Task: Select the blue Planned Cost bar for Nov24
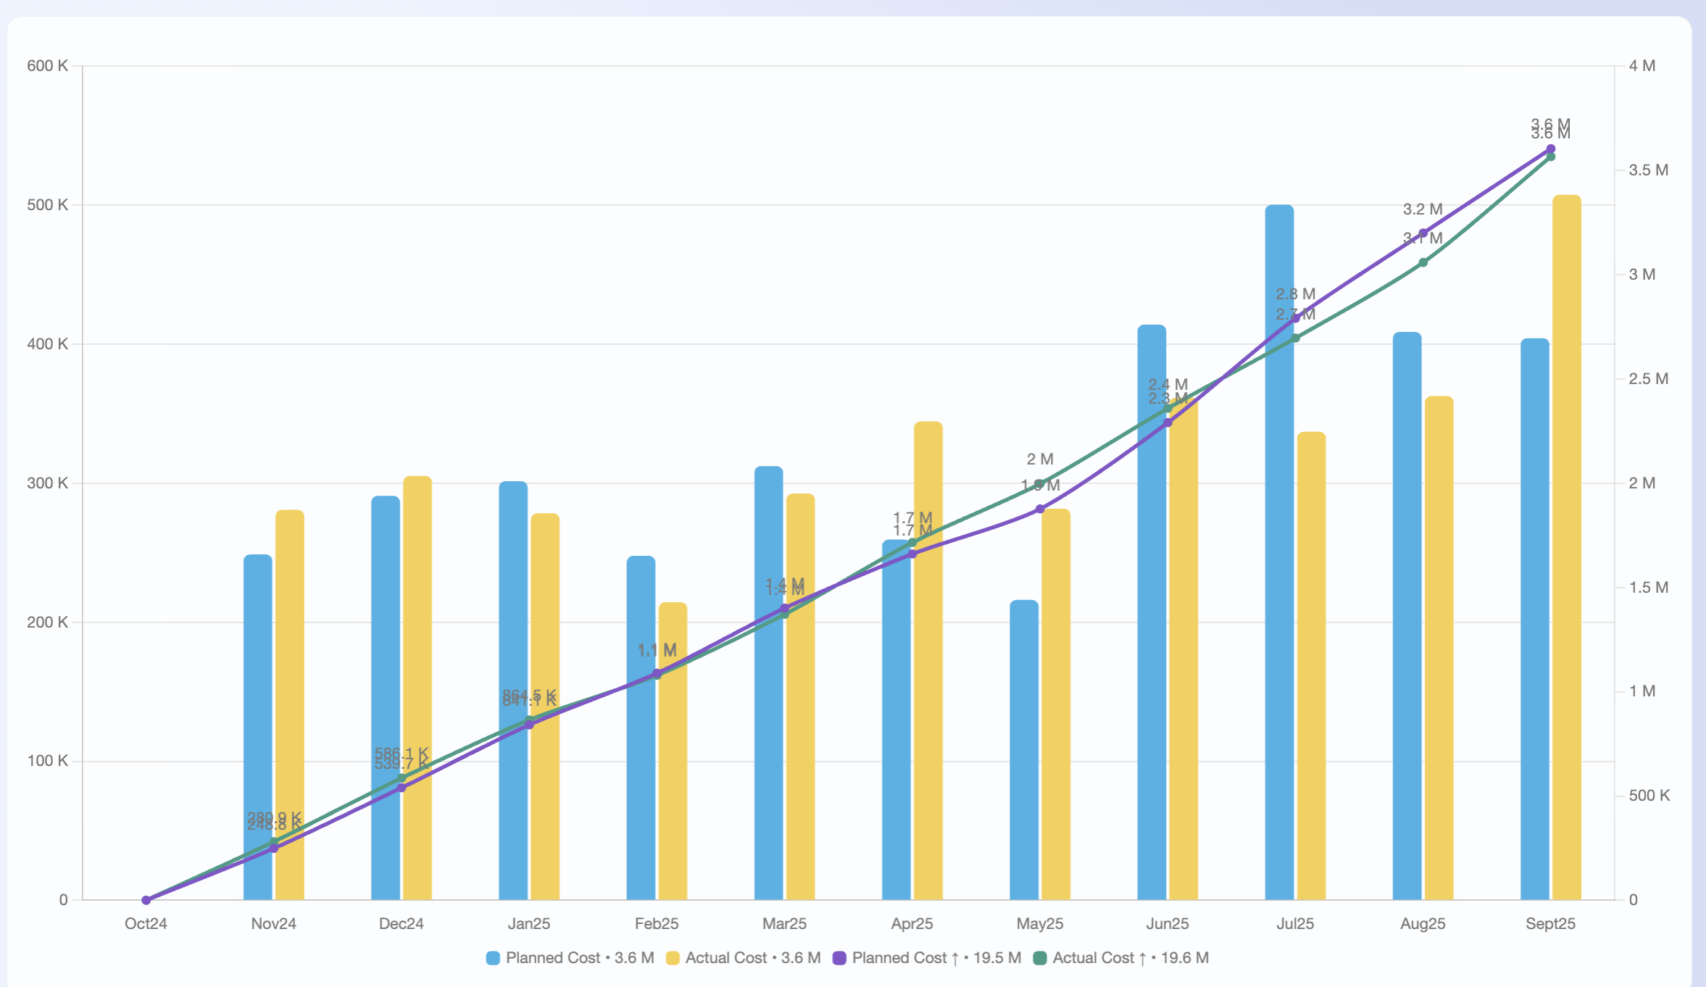coord(257,725)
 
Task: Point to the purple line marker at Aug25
coord(1423,233)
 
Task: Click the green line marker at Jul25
coord(1295,338)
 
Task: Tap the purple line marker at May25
coord(1040,509)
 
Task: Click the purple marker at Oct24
coord(146,900)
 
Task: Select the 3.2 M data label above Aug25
coord(1423,209)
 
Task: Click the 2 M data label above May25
coord(1040,459)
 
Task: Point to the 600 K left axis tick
coord(47,66)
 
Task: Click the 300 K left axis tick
coord(47,483)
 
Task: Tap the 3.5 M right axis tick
coord(1648,170)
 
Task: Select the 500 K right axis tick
coord(1649,796)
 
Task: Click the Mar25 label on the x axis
coord(784,924)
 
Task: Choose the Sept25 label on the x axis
coord(1550,924)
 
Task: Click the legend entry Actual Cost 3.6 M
coord(744,958)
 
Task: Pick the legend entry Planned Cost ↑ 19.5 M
coord(927,958)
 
